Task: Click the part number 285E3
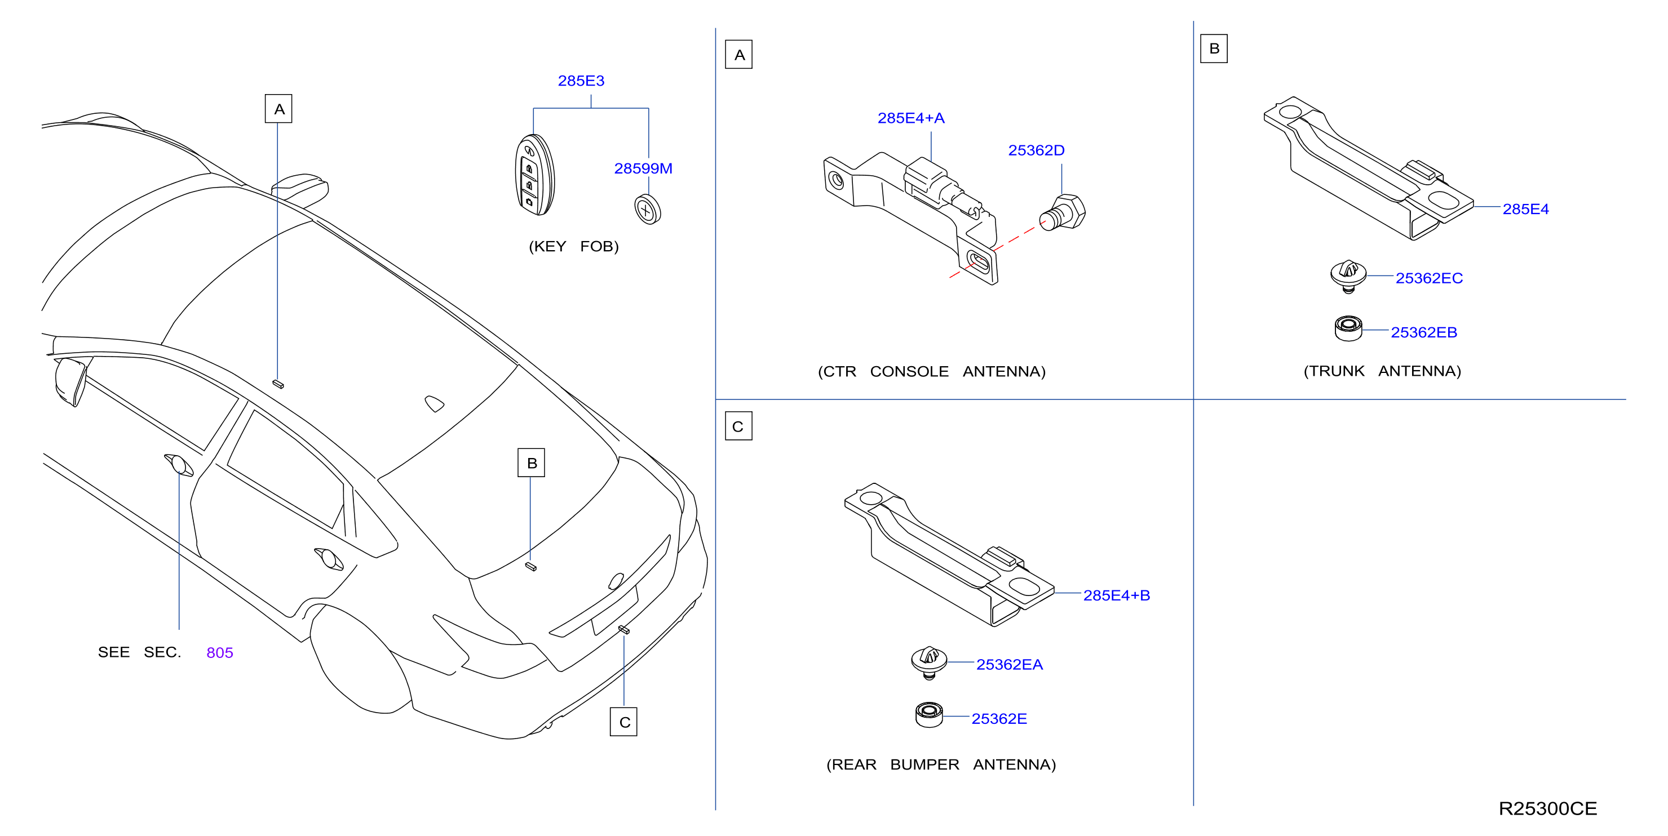click(x=581, y=81)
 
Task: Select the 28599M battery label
click(x=643, y=168)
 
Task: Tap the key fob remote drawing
click(x=535, y=175)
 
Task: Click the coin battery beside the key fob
click(x=648, y=209)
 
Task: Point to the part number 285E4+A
click(x=910, y=118)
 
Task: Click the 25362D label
click(x=1036, y=150)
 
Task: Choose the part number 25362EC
click(x=1429, y=278)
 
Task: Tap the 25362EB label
click(x=1424, y=332)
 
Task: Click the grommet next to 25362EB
click(x=1348, y=328)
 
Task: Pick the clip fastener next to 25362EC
click(x=1348, y=276)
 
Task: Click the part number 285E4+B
click(x=1116, y=595)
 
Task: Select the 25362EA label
click(x=1010, y=665)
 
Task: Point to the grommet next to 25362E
click(x=929, y=714)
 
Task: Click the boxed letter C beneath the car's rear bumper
click(x=623, y=722)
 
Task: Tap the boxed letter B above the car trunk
click(x=531, y=463)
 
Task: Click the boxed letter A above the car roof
click(x=278, y=109)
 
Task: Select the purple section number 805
click(x=219, y=653)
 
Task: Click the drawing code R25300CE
click(x=1547, y=809)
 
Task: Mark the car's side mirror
click(x=71, y=382)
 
